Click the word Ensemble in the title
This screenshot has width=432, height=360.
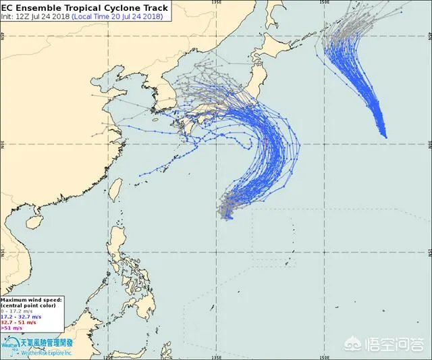pos(45,7)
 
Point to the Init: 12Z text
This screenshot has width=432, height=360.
pos(14,16)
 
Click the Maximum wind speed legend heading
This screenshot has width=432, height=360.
pos(32,298)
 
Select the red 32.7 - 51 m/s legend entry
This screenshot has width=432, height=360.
pos(21,322)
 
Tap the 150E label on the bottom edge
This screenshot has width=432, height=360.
pos(325,357)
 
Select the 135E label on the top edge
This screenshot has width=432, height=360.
pos(216,2)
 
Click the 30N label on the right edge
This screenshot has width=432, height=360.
pos(428,145)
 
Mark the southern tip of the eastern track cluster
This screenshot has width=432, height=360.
pos(385,136)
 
